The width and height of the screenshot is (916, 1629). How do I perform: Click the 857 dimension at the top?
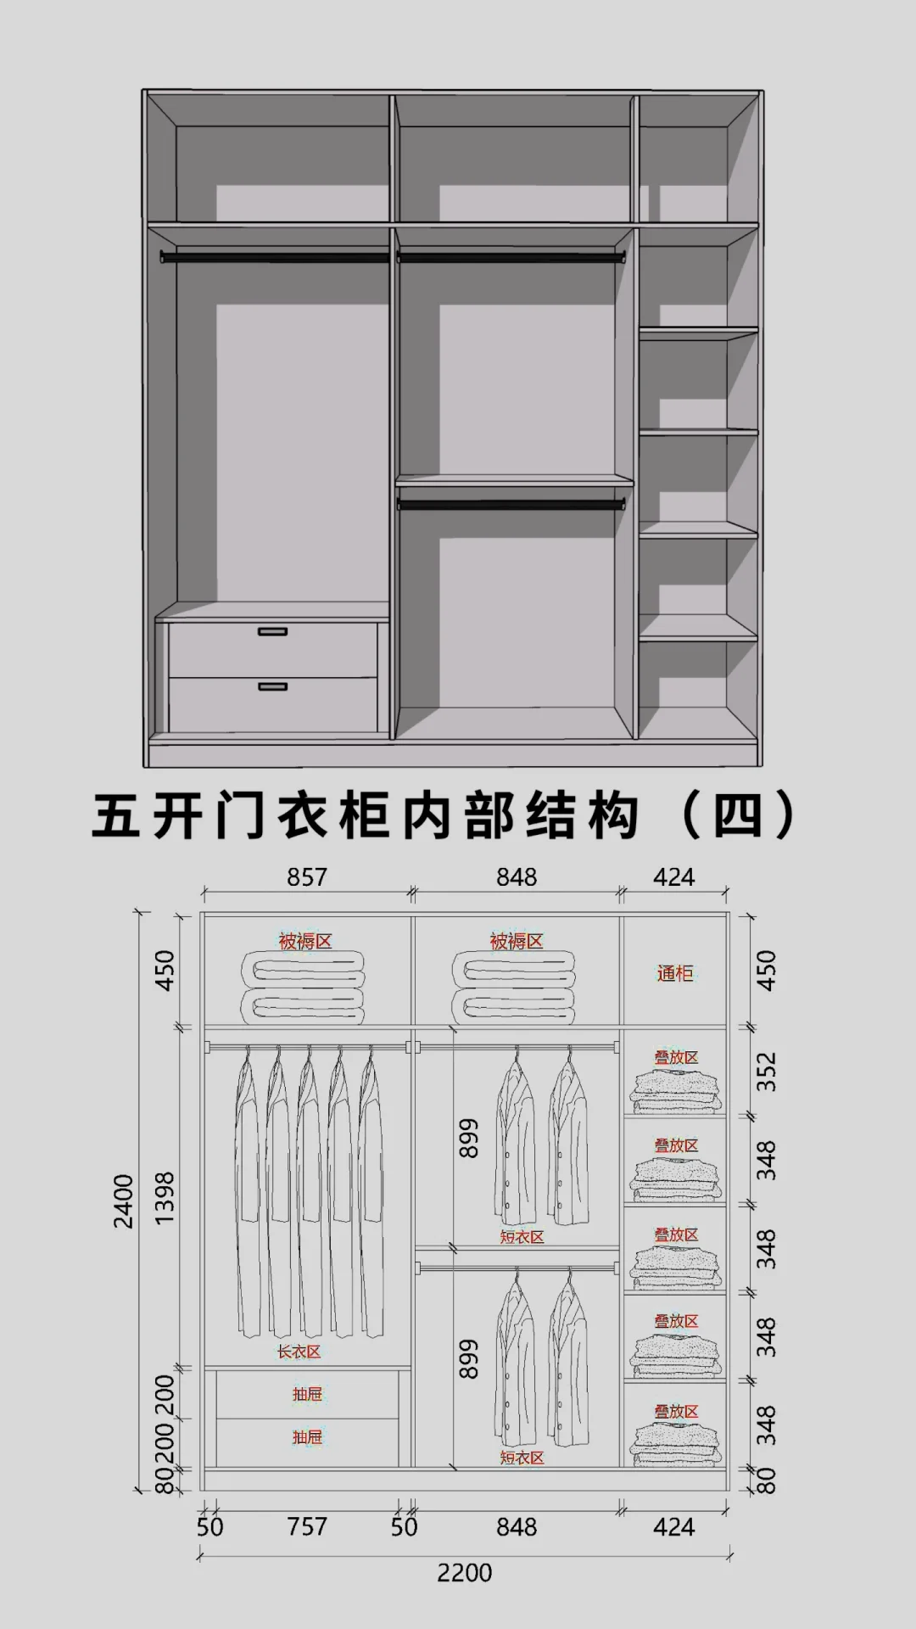(306, 877)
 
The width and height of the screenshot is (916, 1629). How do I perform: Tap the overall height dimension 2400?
(124, 1201)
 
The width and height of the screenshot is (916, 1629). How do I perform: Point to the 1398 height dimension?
(165, 1197)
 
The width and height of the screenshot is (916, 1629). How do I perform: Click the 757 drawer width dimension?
(306, 1527)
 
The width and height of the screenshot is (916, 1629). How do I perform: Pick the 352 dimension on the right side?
(765, 1072)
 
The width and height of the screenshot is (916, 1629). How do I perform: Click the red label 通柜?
(675, 973)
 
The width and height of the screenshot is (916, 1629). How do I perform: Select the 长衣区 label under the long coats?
(299, 1352)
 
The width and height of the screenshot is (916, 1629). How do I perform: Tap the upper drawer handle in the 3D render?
(272, 631)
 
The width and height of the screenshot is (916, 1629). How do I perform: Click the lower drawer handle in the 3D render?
(272, 686)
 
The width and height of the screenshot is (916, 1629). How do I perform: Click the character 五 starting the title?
(116, 816)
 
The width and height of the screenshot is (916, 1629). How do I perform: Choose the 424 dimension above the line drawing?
(673, 877)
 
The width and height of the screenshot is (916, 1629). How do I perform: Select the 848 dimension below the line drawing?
(516, 1527)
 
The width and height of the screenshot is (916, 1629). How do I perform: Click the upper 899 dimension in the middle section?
(469, 1138)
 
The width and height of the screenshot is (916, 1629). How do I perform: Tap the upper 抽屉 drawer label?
(307, 1394)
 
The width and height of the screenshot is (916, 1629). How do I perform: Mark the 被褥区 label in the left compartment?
(304, 941)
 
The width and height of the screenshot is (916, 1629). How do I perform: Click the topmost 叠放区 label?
(676, 1057)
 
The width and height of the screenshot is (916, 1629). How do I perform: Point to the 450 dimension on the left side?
(165, 970)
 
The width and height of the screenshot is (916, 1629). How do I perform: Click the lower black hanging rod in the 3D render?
(511, 505)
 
